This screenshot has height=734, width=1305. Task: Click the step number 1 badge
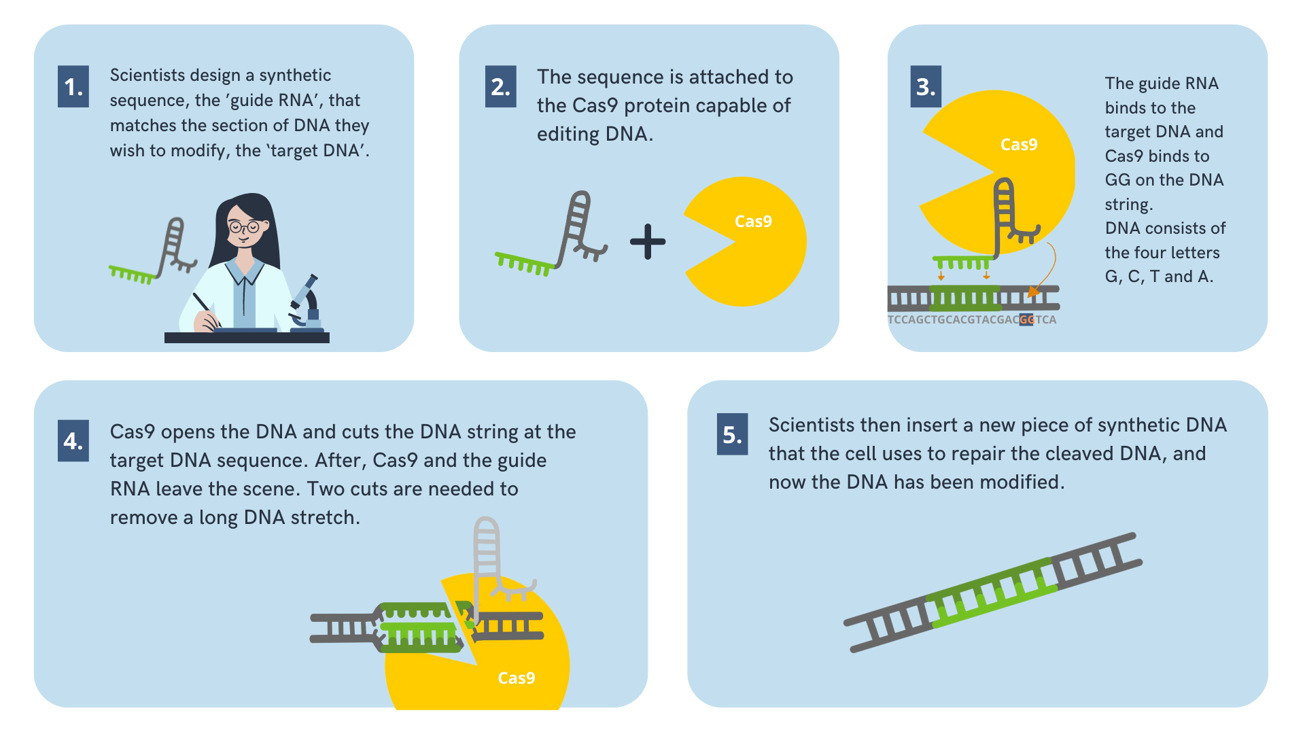click(x=73, y=86)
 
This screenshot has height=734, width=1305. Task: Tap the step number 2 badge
click(x=500, y=86)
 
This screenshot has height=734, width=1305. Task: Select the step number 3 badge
click(x=925, y=86)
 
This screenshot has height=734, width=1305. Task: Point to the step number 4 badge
click(x=73, y=441)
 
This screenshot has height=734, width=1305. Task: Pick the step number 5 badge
click(x=732, y=434)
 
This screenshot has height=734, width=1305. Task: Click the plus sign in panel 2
click(x=647, y=242)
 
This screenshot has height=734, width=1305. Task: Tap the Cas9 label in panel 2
click(x=753, y=222)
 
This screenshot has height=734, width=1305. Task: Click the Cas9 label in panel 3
click(x=1019, y=145)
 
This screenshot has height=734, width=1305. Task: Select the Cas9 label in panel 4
click(x=517, y=678)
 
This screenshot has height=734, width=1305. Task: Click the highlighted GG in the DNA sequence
click(x=1026, y=319)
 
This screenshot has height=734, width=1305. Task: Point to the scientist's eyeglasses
click(x=245, y=227)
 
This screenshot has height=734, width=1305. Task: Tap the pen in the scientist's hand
click(x=205, y=309)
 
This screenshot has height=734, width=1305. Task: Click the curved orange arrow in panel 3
click(x=1047, y=272)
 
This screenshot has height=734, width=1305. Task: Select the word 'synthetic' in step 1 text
click(x=295, y=75)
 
